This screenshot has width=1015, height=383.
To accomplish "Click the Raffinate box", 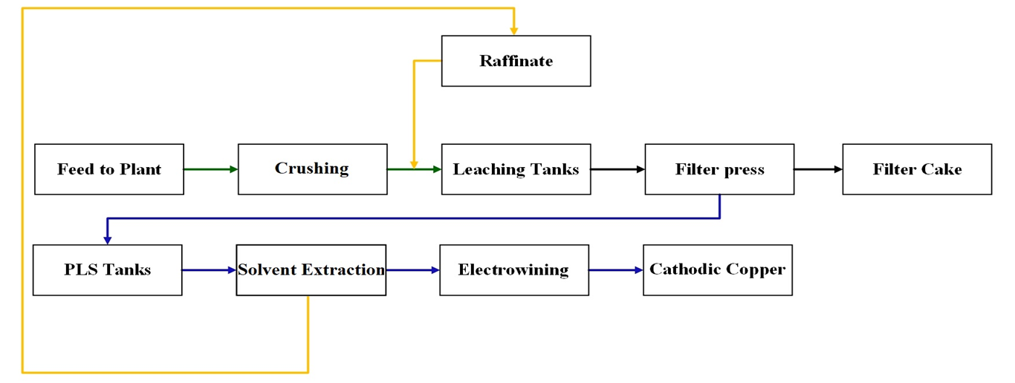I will pos(516,61).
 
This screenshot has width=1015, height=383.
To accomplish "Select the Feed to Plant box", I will pos(109,169).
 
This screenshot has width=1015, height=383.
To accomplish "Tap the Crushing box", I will pos(312,169).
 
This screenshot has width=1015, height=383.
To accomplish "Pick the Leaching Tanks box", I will pos(516,169).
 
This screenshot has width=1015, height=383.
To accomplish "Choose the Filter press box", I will pos(719,169).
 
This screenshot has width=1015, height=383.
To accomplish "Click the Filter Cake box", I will pos(917,169).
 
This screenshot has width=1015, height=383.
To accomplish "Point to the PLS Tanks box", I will pos(108,270).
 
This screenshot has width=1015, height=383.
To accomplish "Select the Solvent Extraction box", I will pos(311,270).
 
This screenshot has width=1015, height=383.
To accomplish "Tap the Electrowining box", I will pos(514,270).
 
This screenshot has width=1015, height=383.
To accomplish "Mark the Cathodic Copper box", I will pos(718,270).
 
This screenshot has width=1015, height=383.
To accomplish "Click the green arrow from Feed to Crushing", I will pos(211,169).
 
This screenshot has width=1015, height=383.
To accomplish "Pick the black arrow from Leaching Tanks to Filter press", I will pos(617,169).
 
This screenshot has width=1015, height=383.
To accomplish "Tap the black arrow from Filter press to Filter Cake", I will pos(818,169).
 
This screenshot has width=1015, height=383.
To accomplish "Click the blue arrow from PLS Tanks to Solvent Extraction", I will pos(209,270).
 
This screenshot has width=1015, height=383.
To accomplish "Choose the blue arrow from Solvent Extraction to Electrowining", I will pos(412,270).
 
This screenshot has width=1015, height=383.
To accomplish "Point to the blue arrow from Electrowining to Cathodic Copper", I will pos(616,270).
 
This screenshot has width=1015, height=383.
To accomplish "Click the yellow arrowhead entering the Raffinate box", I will pos(513,31).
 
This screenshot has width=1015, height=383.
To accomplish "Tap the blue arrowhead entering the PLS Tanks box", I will pos(108,240).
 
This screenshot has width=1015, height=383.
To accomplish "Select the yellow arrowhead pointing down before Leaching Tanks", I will pos(415,163).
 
